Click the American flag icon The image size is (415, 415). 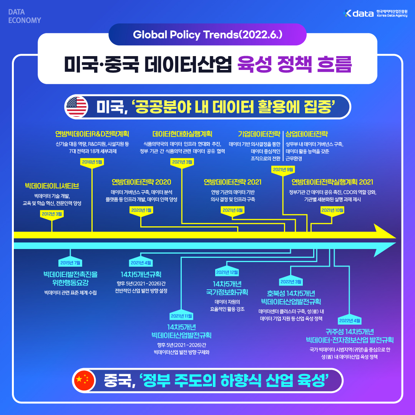(77, 106)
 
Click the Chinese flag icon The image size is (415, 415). (83, 380)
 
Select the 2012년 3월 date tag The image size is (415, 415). (52, 213)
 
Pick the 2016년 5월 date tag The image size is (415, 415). (92, 162)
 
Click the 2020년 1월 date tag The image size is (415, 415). (141, 210)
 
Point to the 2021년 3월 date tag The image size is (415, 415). (181, 162)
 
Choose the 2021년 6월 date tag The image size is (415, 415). (232, 210)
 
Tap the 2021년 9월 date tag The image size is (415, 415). (283, 169)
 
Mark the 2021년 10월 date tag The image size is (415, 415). (332, 210)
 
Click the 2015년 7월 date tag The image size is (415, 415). (70, 263)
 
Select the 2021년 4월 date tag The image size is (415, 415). (141, 263)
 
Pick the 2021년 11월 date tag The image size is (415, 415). (181, 316)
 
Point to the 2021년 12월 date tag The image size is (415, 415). (227, 272)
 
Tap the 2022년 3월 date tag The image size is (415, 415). (290, 281)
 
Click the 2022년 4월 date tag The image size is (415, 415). (349, 320)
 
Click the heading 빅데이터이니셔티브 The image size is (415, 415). (52, 186)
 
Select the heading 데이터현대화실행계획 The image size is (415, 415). (182, 134)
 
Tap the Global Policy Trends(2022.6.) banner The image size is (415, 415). (207, 35)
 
